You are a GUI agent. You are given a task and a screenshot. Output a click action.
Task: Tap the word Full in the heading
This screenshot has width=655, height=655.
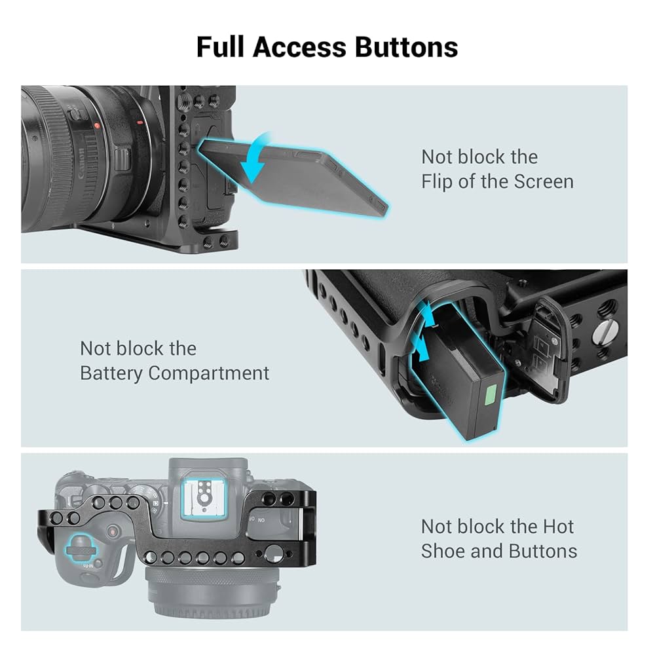221,48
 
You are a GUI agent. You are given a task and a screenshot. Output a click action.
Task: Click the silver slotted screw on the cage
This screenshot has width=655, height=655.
601,333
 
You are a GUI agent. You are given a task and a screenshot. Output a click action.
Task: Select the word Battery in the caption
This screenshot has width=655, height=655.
111,373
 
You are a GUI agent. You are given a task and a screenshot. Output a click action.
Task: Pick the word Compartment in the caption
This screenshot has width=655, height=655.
208,373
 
